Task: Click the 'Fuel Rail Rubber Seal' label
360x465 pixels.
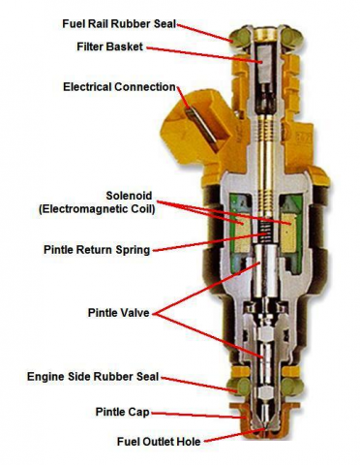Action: [119, 24]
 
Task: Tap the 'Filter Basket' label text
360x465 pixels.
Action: [109, 46]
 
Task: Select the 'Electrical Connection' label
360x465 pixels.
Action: [119, 87]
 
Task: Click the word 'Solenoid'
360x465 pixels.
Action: [129, 196]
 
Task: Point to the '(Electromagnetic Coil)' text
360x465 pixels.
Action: [97, 209]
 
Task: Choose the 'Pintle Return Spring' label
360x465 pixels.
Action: [97, 250]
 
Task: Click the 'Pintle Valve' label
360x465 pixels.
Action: [119, 313]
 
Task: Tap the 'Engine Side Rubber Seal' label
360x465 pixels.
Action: [93, 377]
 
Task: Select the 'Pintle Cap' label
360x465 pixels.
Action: [123, 412]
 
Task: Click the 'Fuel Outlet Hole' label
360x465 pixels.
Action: [159, 442]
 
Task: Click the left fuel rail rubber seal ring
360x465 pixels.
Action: [240, 38]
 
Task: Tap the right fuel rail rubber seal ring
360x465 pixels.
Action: [293, 38]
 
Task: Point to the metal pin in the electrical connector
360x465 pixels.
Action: [201, 129]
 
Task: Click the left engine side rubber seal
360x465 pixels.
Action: [239, 387]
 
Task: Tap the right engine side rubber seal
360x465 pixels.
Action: [292, 387]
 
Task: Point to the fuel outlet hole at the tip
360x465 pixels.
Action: [265, 430]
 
